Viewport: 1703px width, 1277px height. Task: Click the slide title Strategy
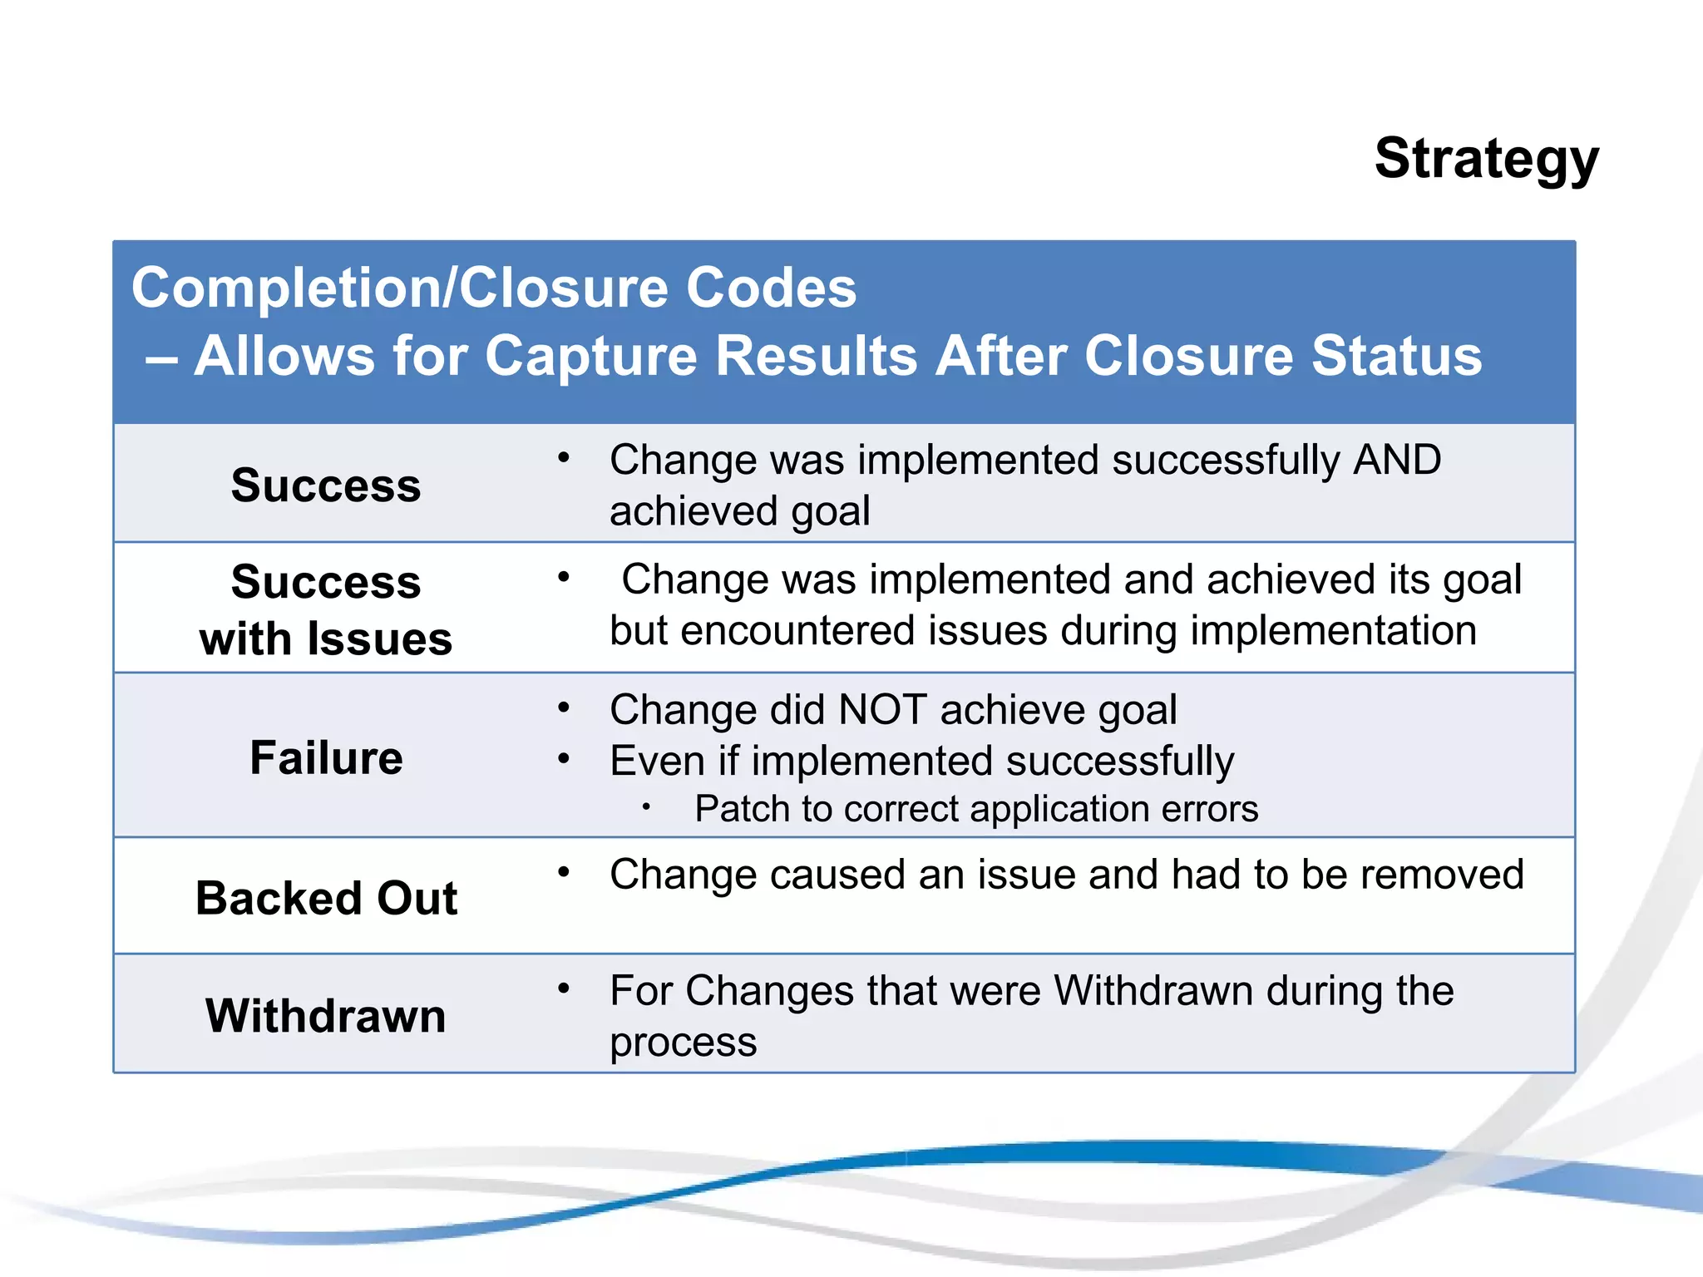tap(1486, 159)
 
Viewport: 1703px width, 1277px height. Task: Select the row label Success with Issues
tap(326, 609)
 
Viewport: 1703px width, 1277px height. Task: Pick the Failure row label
tap(326, 757)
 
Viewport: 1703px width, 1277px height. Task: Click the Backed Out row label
tap(326, 898)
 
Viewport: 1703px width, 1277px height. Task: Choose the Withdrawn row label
tap(326, 1015)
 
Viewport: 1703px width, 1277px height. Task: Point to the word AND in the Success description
tap(1397, 460)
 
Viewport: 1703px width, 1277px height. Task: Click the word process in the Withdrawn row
tap(683, 1042)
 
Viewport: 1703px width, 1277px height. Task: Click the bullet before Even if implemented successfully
tap(564, 758)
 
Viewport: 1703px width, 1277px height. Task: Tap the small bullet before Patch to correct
tap(645, 806)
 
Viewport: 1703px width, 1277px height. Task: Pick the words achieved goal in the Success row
tap(739, 510)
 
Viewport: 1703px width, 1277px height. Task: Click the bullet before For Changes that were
tap(564, 989)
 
